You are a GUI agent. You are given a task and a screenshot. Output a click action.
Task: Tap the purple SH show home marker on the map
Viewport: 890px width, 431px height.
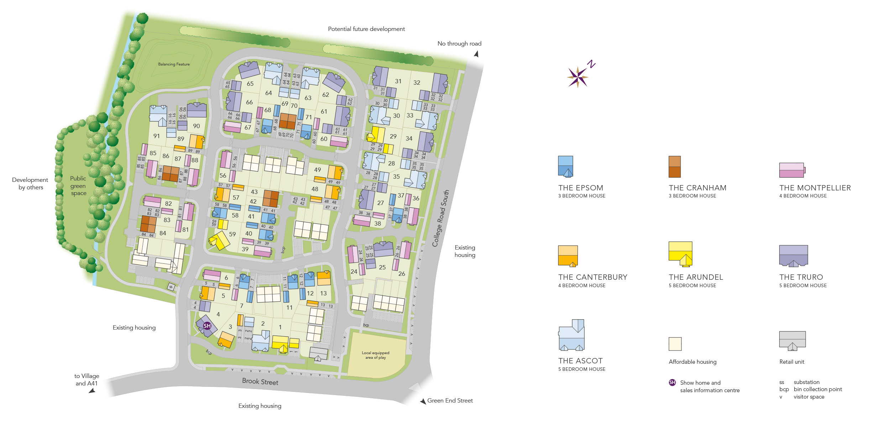(x=207, y=326)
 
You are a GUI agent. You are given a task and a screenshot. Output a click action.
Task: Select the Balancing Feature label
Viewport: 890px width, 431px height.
(x=174, y=64)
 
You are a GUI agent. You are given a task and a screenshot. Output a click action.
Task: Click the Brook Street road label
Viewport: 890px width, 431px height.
(x=260, y=382)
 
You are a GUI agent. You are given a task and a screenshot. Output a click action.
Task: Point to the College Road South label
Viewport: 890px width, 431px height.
(x=440, y=218)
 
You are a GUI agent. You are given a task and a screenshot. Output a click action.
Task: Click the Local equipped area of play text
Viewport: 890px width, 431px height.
(x=376, y=355)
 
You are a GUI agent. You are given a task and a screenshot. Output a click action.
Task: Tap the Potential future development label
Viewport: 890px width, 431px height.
(x=366, y=29)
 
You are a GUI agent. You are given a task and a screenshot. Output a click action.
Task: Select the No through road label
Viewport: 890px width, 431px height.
(x=459, y=44)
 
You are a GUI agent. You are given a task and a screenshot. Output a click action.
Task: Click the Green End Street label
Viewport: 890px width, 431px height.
(x=450, y=401)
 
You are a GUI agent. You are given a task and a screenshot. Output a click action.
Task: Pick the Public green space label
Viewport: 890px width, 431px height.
(x=78, y=186)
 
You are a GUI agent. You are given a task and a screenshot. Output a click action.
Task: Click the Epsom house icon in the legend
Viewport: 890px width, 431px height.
(x=565, y=166)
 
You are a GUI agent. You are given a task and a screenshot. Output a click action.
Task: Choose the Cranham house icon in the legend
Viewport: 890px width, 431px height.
(x=675, y=167)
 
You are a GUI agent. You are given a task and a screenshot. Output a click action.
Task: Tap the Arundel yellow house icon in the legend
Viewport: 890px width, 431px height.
(x=680, y=254)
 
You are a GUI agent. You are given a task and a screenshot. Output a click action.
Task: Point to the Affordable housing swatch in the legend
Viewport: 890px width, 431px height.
(x=675, y=344)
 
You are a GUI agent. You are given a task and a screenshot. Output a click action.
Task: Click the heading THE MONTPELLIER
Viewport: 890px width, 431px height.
(x=815, y=188)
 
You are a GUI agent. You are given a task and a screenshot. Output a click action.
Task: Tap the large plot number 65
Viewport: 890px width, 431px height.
(x=250, y=84)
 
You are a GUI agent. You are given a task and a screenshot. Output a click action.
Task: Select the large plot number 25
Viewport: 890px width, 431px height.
(x=382, y=267)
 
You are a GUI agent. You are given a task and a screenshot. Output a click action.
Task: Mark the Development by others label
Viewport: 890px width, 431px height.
(x=30, y=184)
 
